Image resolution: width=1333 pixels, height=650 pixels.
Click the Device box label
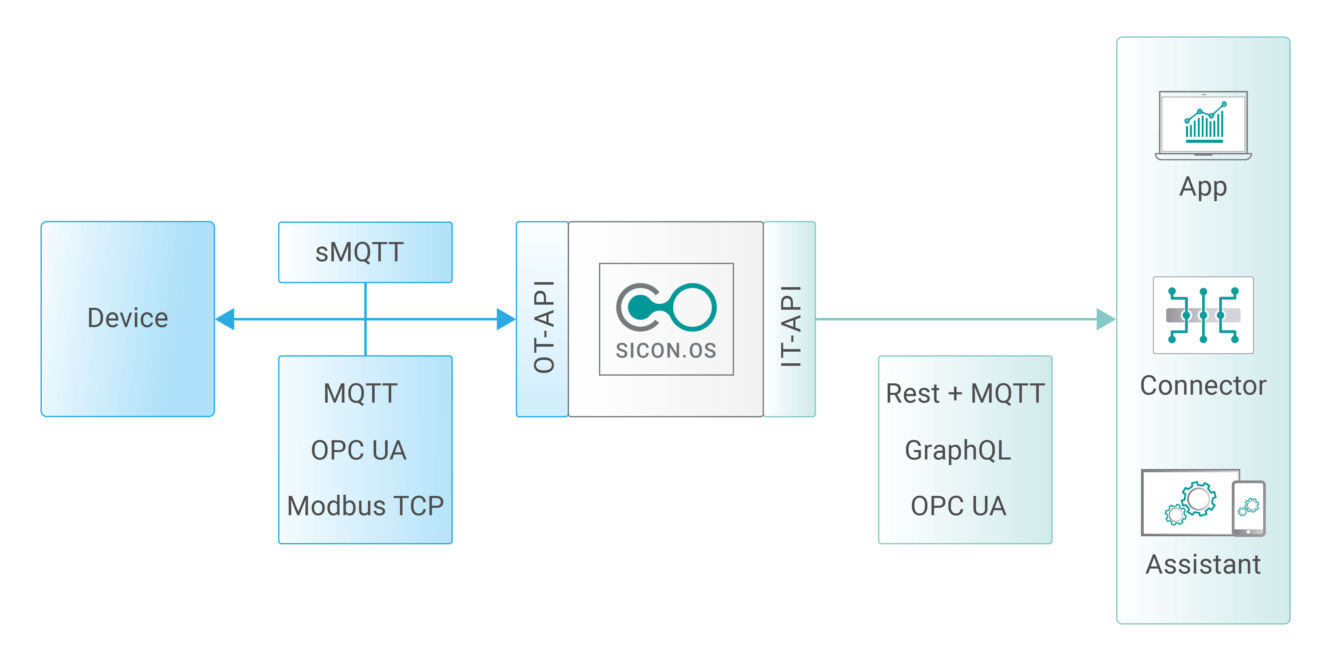128,318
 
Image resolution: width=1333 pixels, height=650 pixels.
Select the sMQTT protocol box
365,252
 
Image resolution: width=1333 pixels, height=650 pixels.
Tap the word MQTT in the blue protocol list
361,393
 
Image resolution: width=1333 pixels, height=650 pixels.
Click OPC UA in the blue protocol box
359,450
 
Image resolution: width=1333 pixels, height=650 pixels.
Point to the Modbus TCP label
365,506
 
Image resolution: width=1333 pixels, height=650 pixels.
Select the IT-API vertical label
791,327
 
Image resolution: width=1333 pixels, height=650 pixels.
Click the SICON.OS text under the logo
666,351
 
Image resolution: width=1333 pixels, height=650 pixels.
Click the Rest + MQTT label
965,393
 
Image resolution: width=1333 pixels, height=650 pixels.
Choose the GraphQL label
958,450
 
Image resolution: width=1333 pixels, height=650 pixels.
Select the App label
1203,187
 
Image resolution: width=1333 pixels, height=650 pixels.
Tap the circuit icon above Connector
1203,315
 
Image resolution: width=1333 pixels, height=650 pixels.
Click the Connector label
1203,385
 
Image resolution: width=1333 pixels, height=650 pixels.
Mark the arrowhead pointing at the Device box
226,319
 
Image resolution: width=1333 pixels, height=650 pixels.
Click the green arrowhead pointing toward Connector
1105,319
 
